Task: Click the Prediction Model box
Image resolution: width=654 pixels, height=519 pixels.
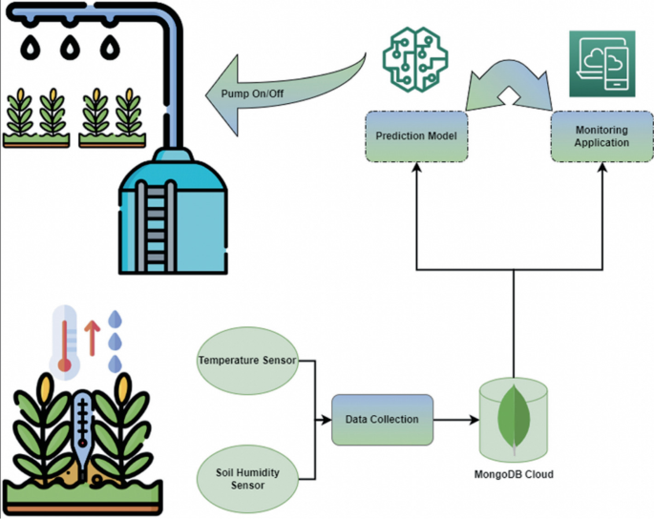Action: coord(415,135)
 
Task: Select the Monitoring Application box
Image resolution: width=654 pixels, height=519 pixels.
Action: coord(601,135)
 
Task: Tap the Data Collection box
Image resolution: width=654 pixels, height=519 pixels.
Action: coord(382,420)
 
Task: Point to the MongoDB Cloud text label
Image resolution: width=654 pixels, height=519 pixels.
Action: coord(514,474)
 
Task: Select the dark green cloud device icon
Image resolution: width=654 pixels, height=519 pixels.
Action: coord(601,63)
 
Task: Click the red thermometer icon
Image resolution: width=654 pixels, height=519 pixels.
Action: coord(65,339)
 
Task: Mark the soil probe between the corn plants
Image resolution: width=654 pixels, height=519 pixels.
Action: coord(82,429)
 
